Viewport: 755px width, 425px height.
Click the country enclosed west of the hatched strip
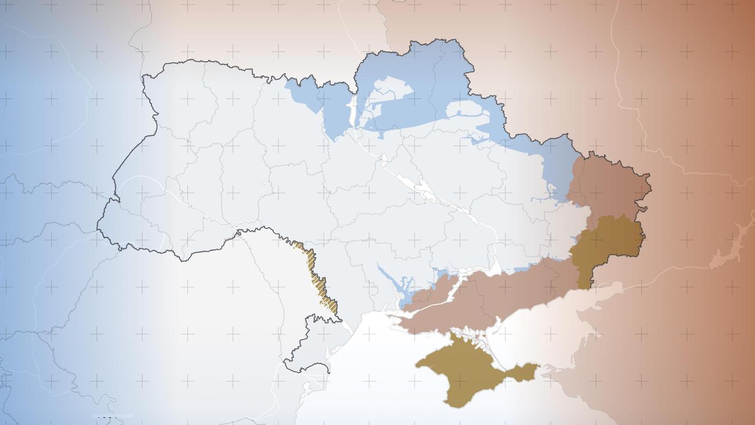(273, 279)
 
